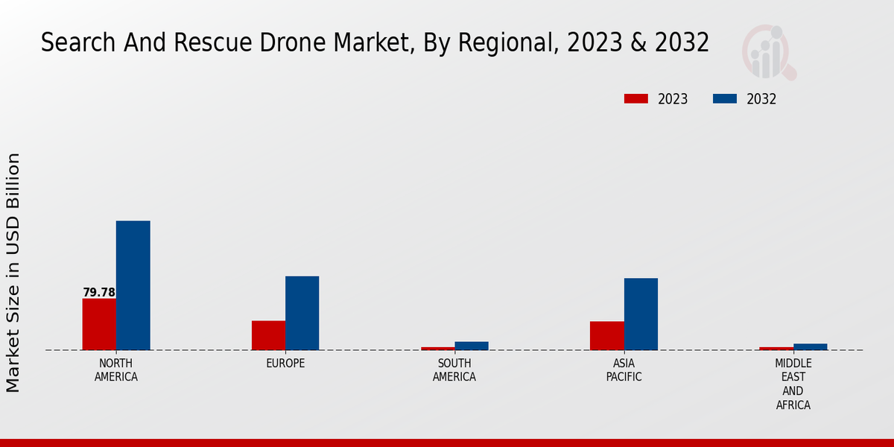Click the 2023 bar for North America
(99, 324)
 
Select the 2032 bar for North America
(133, 285)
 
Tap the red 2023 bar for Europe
(268, 335)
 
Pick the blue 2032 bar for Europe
(302, 313)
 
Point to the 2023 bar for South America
(438, 348)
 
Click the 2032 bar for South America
(472, 346)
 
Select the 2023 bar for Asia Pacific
(607, 335)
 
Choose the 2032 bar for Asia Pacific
(641, 314)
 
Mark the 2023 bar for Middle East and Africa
(776, 348)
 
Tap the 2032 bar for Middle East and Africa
(811, 346)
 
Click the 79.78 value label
(99, 293)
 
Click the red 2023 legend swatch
(636, 99)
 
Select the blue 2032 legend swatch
(725, 99)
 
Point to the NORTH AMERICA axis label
(116, 370)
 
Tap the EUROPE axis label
(285, 364)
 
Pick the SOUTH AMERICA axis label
(454, 370)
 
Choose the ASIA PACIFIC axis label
(624, 370)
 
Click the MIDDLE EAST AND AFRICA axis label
(793, 384)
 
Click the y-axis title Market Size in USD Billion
(13, 273)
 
